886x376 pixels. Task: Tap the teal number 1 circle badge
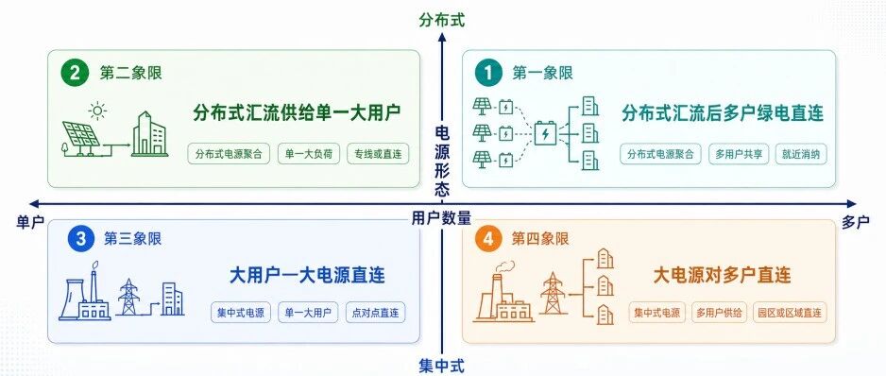pos(488,74)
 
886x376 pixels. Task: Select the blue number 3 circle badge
pos(81,239)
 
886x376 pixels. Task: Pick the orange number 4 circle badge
pos(488,239)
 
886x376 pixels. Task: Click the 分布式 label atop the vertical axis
pos(442,21)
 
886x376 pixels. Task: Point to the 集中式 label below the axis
pos(442,366)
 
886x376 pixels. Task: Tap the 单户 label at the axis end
pos(30,222)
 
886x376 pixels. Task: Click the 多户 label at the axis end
pos(856,222)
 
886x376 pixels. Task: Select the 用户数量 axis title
pos(441,217)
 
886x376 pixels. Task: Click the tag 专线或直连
pos(378,154)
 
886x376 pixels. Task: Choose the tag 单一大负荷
pos(309,154)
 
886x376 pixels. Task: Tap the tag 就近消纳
pos(801,154)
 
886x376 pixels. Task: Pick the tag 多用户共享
pos(739,154)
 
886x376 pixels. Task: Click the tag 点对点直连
pos(375,312)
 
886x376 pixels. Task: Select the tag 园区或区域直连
pos(790,312)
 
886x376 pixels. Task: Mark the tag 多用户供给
pos(720,312)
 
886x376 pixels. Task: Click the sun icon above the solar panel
pos(97,111)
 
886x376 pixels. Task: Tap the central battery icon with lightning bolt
pos(545,134)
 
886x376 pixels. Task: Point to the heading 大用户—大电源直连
pos(307,275)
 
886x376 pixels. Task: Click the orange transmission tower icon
pos(552,292)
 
